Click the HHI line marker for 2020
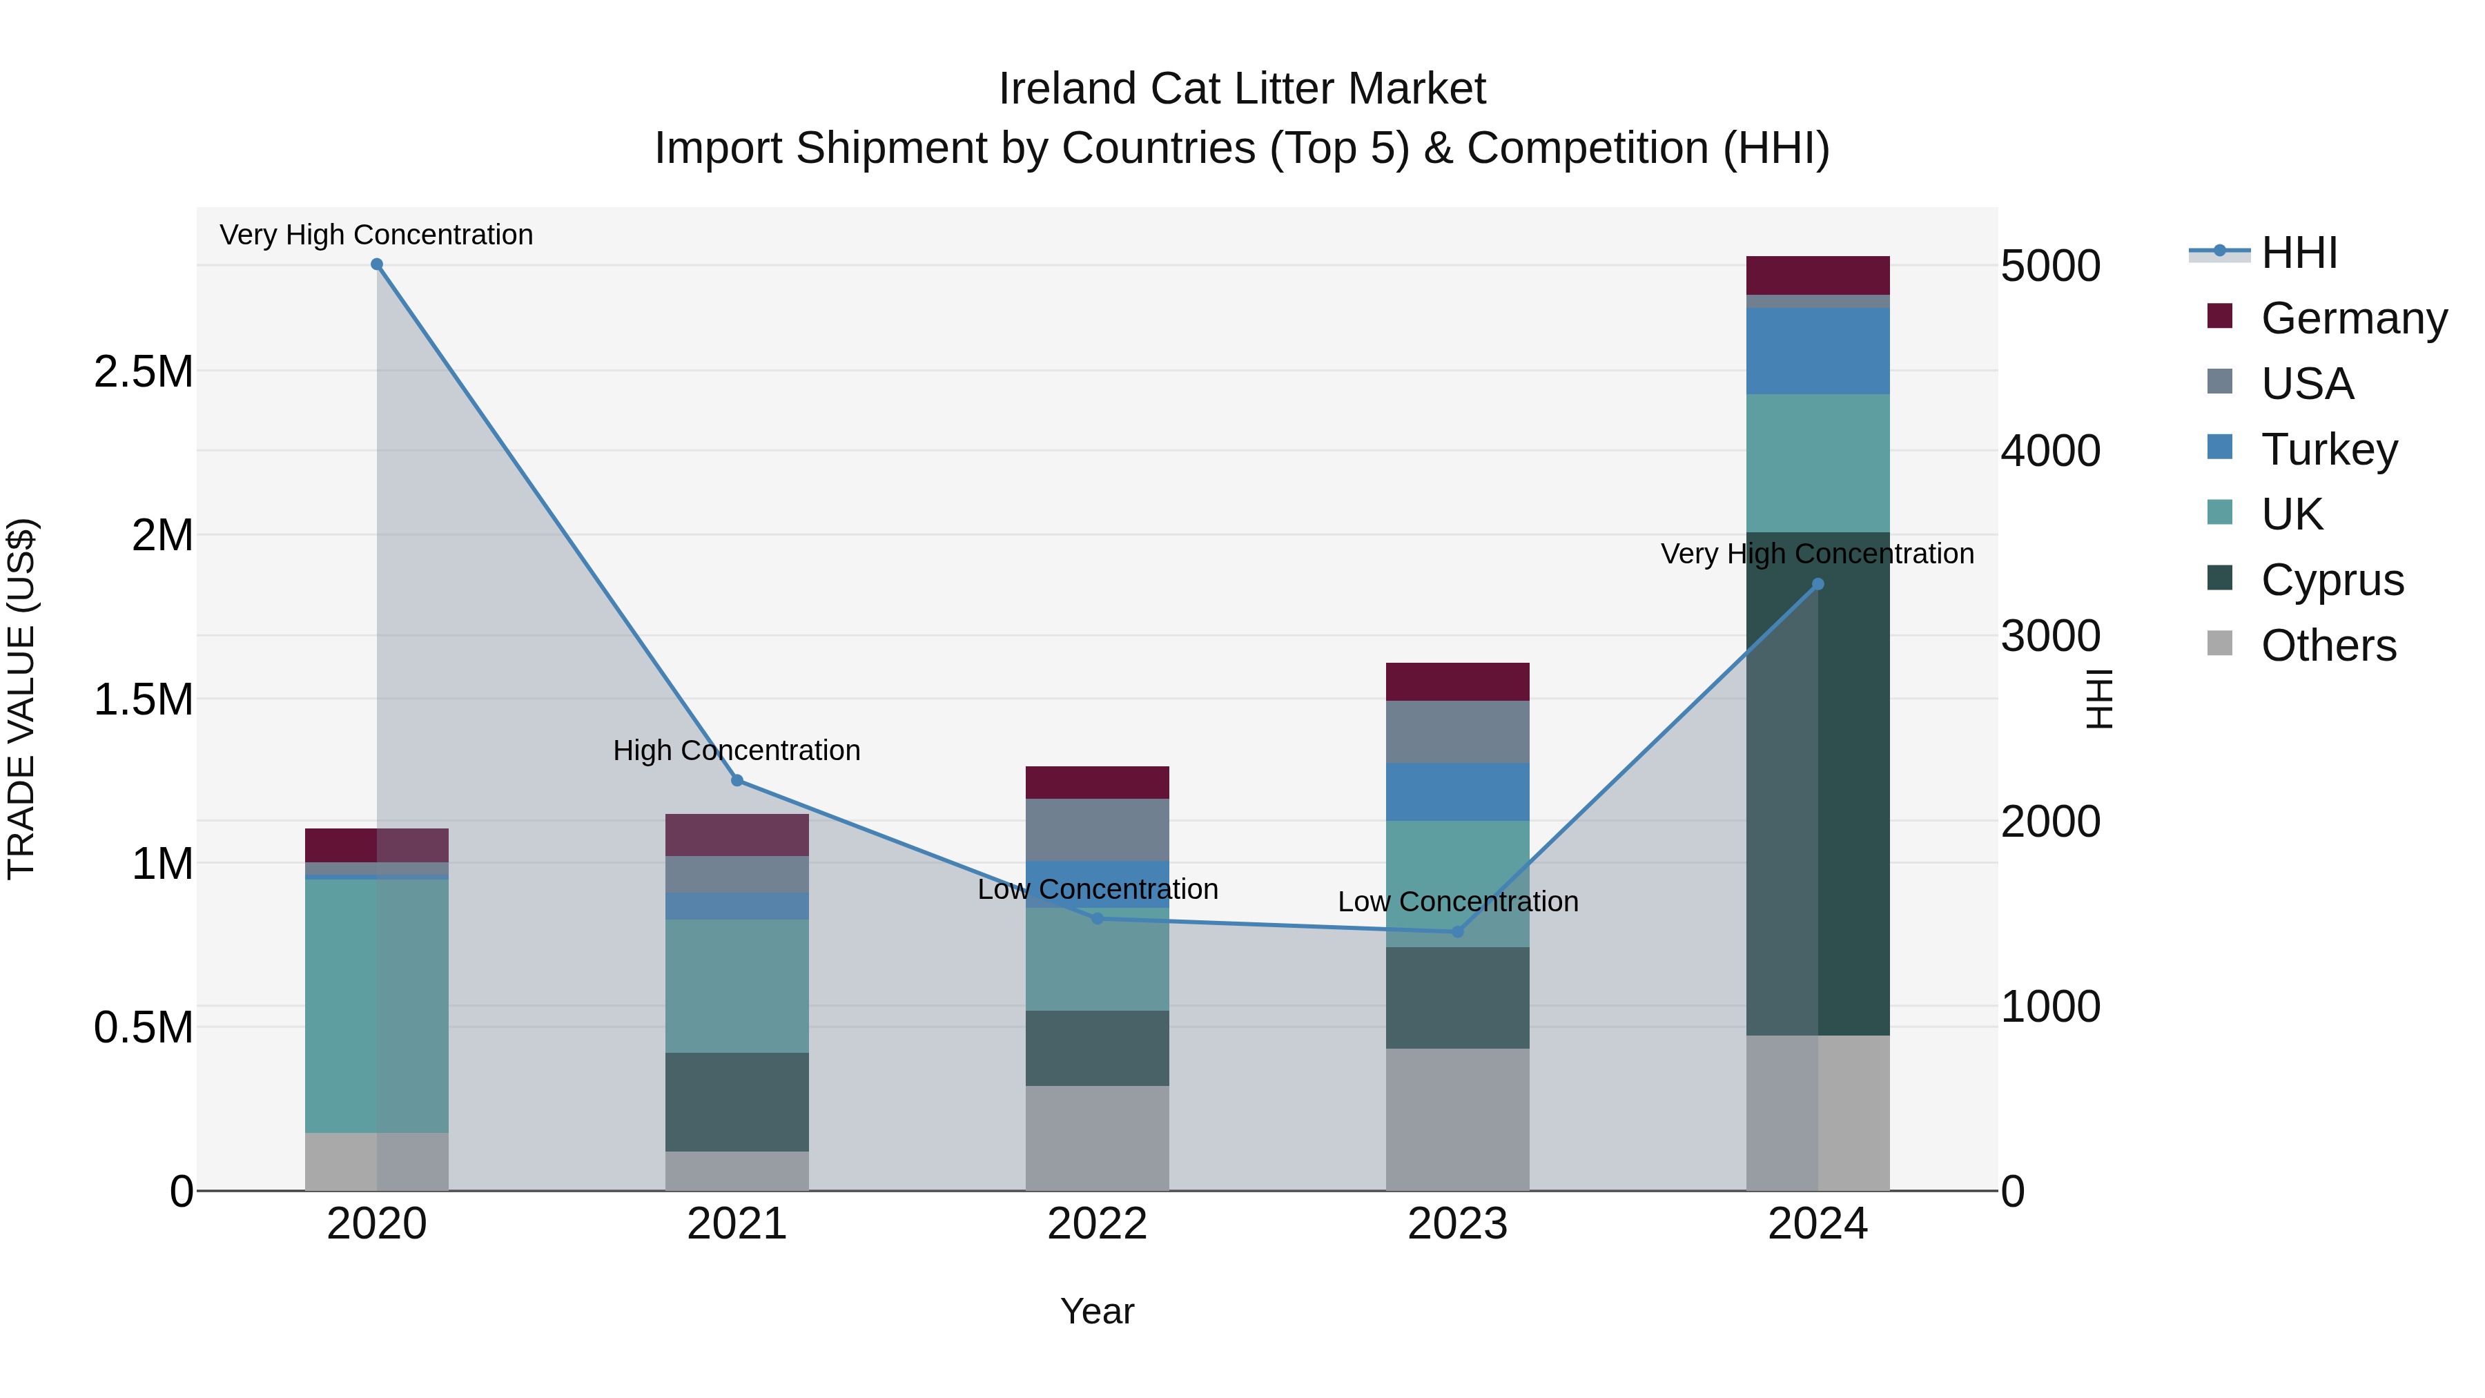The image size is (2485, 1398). (377, 264)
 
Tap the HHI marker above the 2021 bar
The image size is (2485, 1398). (737, 781)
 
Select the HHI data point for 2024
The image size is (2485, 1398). (1818, 583)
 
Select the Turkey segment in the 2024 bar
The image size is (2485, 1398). (1818, 351)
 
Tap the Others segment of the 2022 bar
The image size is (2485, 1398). (1097, 1138)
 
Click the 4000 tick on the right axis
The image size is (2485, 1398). (2050, 451)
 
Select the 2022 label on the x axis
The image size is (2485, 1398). (1097, 1223)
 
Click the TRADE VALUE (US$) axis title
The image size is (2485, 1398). (21, 699)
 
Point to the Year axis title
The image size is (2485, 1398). (1097, 1311)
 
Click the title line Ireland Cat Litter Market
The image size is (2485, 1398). (1242, 89)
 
